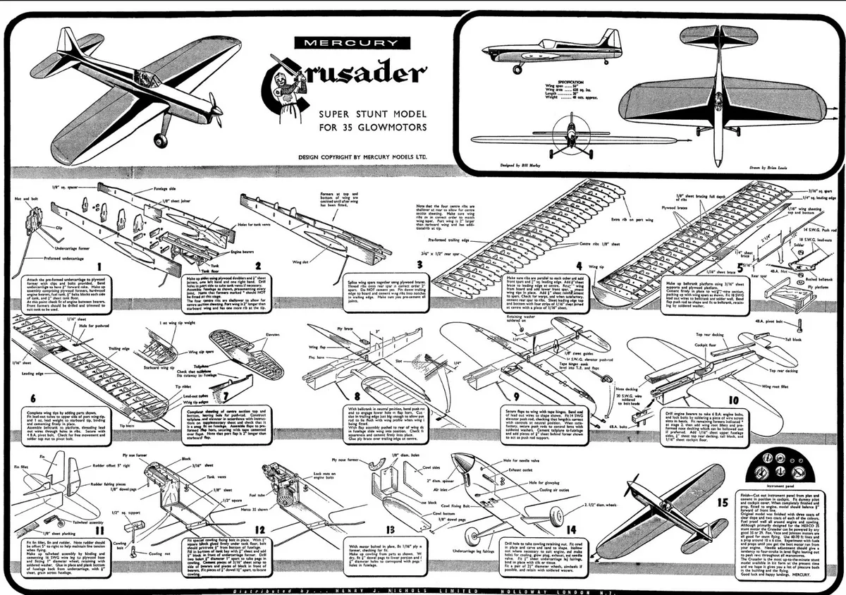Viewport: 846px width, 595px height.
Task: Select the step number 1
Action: click(x=99, y=266)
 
